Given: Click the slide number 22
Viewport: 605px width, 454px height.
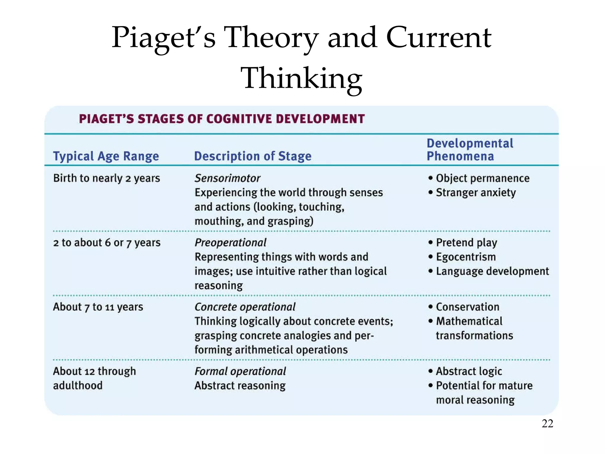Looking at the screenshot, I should tap(547, 424).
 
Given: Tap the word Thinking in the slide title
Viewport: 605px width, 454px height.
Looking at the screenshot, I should tap(301, 78).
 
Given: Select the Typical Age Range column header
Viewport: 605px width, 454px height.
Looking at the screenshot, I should tap(106, 156).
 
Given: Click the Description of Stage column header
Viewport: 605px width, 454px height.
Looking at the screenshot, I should tap(253, 156).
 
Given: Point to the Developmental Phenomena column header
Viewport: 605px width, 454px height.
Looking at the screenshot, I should tap(470, 150).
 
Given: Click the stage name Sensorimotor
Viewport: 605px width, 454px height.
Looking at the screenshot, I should tap(227, 178).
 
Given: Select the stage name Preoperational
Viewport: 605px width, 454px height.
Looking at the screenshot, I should tap(230, 243).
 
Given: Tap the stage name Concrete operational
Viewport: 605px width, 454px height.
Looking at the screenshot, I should tap(245, 307).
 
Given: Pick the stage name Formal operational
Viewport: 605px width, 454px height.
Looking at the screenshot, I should tap(240, 371).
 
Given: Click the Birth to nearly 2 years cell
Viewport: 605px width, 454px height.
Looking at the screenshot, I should tap(106, 178).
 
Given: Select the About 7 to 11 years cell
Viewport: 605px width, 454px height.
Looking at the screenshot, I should tap(98, 307).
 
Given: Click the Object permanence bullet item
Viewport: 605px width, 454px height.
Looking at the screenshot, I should tap(482, 178).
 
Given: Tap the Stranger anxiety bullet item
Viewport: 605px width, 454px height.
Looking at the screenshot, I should tap(476, 193).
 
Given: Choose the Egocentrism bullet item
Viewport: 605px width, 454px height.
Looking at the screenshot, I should tap(466, 257).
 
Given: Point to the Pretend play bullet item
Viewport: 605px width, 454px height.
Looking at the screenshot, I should tap(466, 243).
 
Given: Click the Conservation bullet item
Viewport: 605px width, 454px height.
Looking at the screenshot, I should tap(468, 307).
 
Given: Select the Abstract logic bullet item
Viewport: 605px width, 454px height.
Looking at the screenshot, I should tap(469, 371).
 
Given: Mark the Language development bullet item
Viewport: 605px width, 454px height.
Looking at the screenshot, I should tap(492, 271).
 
